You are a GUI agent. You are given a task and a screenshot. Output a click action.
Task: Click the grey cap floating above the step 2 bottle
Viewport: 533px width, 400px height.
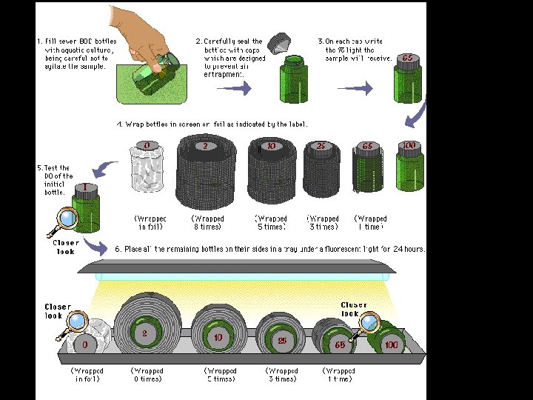(278, 44)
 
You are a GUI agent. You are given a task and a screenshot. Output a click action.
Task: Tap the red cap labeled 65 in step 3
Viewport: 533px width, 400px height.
(406, 59)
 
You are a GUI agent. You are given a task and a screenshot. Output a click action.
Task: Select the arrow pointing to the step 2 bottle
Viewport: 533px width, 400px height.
(236, 88)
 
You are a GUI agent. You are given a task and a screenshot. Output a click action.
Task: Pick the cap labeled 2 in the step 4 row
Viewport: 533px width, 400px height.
(205, 146)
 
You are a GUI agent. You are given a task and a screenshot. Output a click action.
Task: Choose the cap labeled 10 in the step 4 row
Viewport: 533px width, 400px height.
(271, 146)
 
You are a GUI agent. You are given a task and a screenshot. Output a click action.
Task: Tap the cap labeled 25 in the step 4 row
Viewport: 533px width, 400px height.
(321, 146)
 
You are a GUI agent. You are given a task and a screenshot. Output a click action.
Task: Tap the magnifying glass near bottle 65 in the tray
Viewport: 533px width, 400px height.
(367, 324)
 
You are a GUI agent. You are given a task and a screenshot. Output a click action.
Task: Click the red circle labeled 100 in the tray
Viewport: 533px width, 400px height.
(391, 344)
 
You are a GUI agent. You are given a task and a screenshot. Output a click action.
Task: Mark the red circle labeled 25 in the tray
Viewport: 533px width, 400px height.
(281, 341)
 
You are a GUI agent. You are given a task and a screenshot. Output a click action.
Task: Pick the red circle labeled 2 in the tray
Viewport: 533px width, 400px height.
(144, 333)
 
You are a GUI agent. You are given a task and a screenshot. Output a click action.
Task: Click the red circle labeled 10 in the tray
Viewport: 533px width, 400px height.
(218, 338)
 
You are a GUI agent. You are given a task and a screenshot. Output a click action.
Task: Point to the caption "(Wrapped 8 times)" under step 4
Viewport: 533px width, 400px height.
(208, 222)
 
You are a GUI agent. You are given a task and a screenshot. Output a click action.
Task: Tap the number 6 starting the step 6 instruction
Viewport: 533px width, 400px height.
(118, 249)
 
